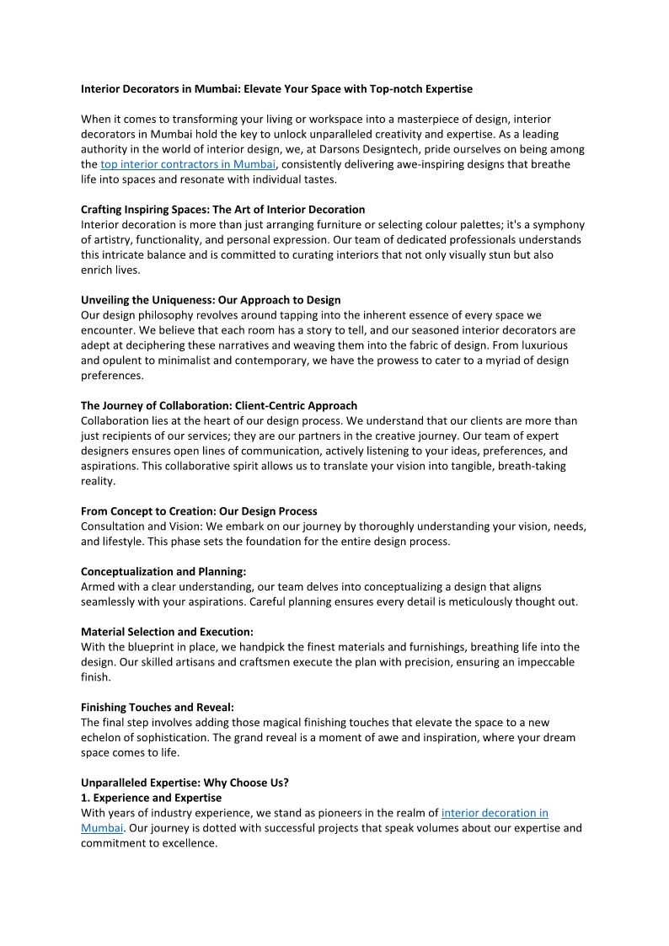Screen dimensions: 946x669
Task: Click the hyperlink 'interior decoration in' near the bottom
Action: pyautogui.click(x=495, y=813)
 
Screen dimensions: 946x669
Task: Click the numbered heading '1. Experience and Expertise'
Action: pyautogui.click(x=152, y=798)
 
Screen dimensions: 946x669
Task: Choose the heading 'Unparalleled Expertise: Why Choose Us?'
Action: pyautogui.click(x=185, y=783)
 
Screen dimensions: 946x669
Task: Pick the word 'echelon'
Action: pyautogui.click(x=102, y=738)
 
